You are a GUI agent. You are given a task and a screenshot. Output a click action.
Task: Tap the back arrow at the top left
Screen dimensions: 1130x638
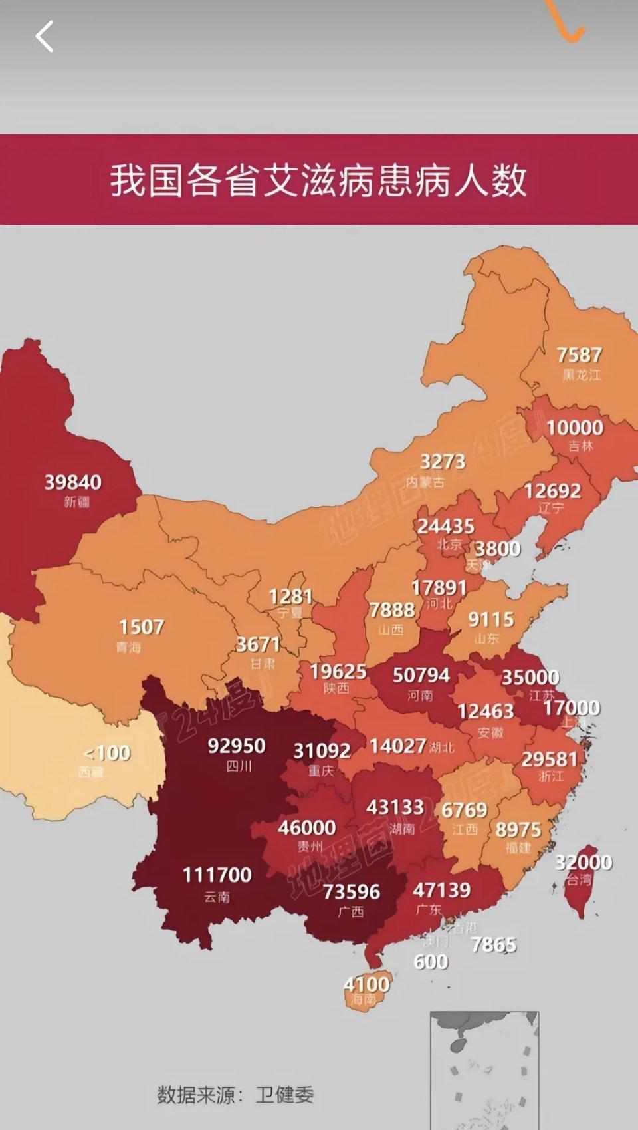pos(45,36)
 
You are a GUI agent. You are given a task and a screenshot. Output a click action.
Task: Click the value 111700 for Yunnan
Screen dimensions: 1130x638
pos(217,874)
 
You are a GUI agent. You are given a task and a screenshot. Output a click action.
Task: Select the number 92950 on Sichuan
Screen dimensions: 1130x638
pos(237,746)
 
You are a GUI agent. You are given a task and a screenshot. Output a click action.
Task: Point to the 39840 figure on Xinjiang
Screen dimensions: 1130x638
pos(73,482)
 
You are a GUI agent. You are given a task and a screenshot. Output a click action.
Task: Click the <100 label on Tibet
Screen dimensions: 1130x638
pos(107,753)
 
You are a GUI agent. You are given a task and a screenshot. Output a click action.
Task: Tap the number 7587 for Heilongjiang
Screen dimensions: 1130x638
pos(580,354)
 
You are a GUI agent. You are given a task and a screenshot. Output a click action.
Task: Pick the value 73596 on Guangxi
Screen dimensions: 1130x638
pos(352,891)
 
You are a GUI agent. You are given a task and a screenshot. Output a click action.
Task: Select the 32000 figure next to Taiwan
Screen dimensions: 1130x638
pos(584,862)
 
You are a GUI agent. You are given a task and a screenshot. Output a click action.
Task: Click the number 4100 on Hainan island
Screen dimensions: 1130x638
pos(367,983)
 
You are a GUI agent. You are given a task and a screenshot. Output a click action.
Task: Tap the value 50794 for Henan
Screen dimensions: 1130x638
pos(421,675)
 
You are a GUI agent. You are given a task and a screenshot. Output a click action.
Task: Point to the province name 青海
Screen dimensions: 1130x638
pos(128,646)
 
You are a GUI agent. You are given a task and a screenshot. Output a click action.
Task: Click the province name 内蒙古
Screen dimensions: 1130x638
pos(425,481)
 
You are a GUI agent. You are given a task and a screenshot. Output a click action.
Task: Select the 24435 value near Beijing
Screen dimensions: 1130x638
pos(446,526)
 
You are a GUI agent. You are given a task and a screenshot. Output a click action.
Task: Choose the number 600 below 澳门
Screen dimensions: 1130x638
pos(431,962)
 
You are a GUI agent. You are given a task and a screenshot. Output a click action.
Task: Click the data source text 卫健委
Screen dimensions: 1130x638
pos(284,1095)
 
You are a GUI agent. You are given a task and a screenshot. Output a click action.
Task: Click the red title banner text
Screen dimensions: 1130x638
pos(318,180)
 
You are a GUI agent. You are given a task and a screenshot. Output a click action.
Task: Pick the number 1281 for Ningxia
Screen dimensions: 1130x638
pos(291,596)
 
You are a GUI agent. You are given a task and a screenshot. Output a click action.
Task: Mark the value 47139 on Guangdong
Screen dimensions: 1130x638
pos(442,889)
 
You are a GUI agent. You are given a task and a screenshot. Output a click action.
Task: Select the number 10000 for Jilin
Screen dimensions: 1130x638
pos(575,427)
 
